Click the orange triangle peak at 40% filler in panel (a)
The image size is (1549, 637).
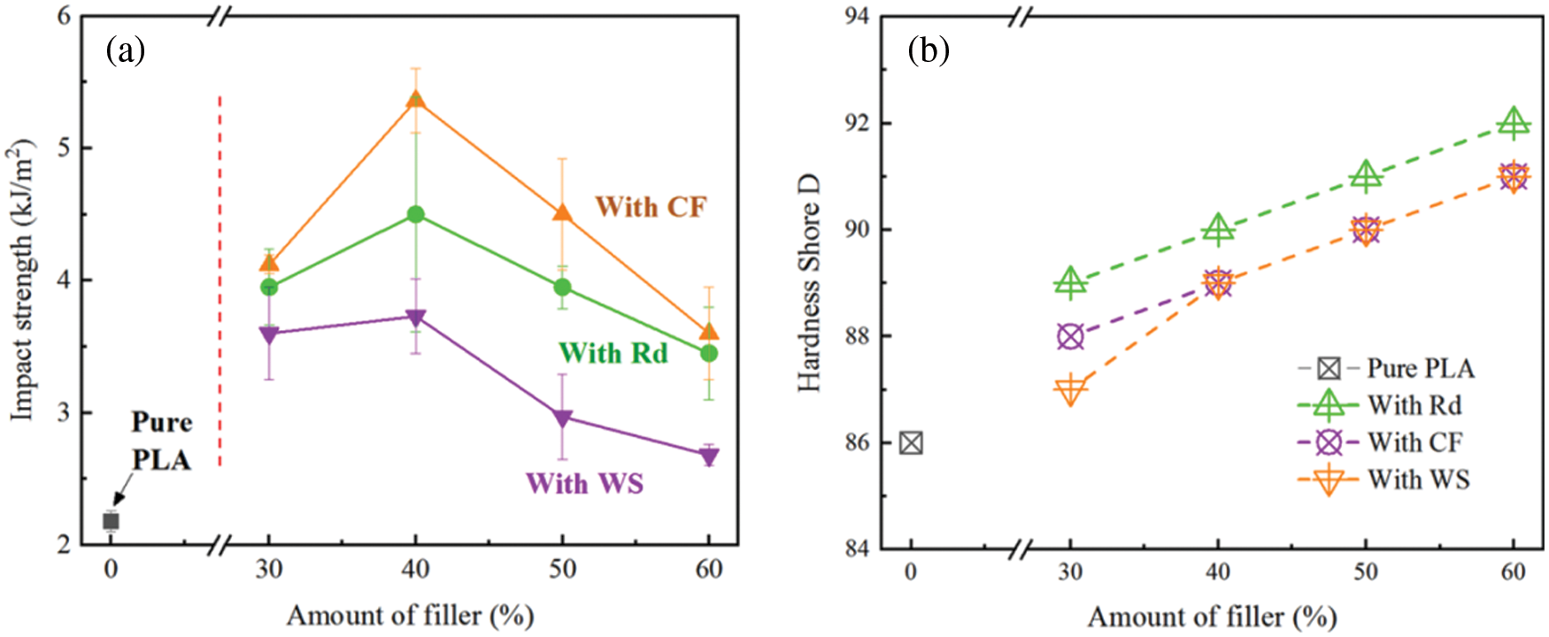[x=415, y=100]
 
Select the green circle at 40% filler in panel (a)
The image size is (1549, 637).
[x=415, y=214]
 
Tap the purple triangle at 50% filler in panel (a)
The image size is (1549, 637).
[x=562, y=418]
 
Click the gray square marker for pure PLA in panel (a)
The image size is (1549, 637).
[x=111, y=521]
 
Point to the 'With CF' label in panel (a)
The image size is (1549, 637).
[x=651, y=207]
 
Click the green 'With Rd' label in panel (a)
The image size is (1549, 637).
[x=613, y=353]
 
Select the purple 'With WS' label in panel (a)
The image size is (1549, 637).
[x=584, y=483]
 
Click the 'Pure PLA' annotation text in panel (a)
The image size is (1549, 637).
[x=161, y=441]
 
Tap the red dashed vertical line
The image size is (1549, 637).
[x=220, y=283]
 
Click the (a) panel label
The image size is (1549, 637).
[x=125, y=50]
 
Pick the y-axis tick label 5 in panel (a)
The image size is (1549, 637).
[x=64, y=148]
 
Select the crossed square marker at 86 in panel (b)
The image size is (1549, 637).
[x=911, y=442]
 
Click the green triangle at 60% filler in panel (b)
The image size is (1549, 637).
[x=1514, y=123]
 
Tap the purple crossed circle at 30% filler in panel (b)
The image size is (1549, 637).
[x=1070, y=336]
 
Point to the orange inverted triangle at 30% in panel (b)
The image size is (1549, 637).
[x=1070, y=389]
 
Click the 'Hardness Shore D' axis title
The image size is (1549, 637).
[x=809, y=283]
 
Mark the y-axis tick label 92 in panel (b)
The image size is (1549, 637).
[x=855, y=123]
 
